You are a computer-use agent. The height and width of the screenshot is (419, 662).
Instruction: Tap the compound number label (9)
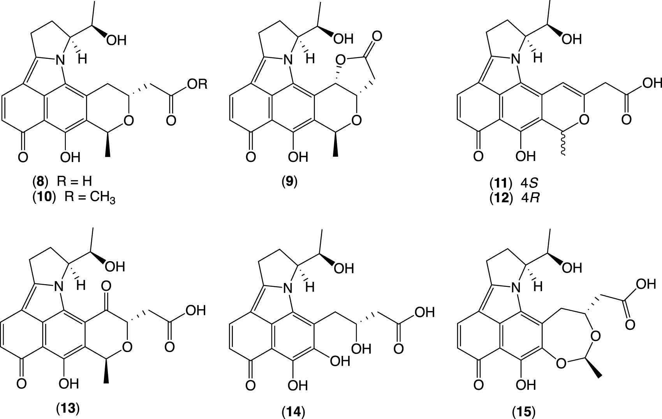pos(289,182)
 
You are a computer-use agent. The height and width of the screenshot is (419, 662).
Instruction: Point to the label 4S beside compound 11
pos(529,182)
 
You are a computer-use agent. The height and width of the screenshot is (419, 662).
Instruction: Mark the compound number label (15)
pos(523,411)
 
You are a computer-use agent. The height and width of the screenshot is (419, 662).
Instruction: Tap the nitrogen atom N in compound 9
pos(288,60)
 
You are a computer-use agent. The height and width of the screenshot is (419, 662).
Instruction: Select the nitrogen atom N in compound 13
pos(59,288)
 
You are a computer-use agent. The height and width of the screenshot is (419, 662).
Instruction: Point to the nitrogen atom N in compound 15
pos(516,288)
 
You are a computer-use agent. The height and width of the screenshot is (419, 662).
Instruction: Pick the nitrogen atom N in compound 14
pos(288,288)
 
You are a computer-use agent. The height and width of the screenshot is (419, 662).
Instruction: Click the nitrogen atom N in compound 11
pos(516,60)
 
